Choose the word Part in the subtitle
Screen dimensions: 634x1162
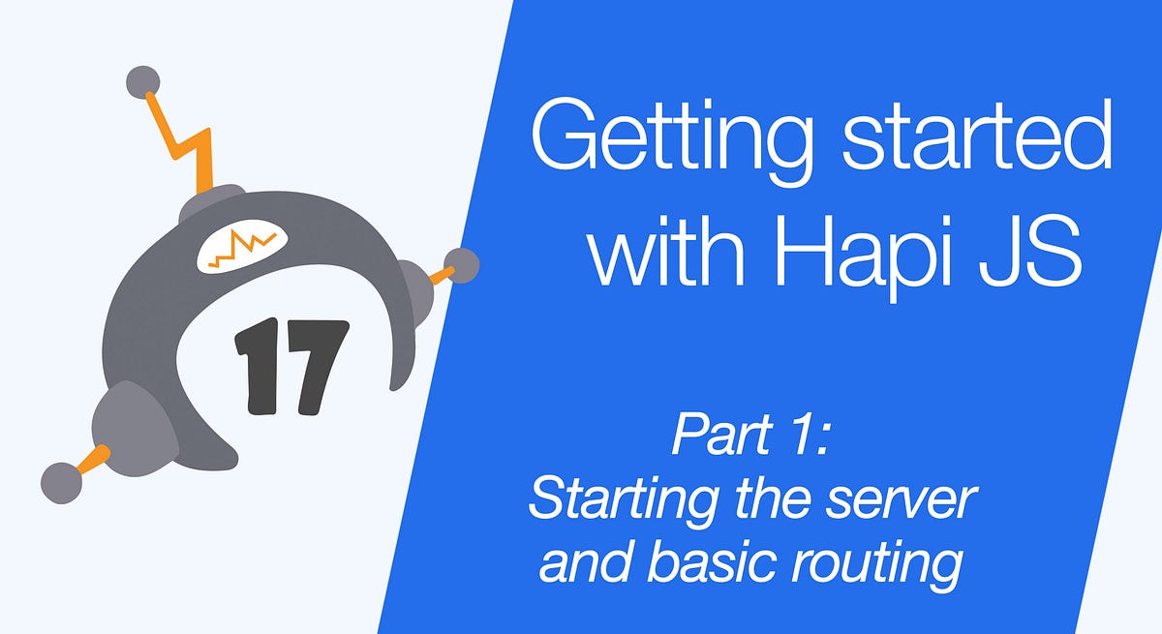[714, 438]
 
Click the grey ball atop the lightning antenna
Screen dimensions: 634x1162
[144, 82]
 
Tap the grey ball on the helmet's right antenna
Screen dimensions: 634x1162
[461, 266]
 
